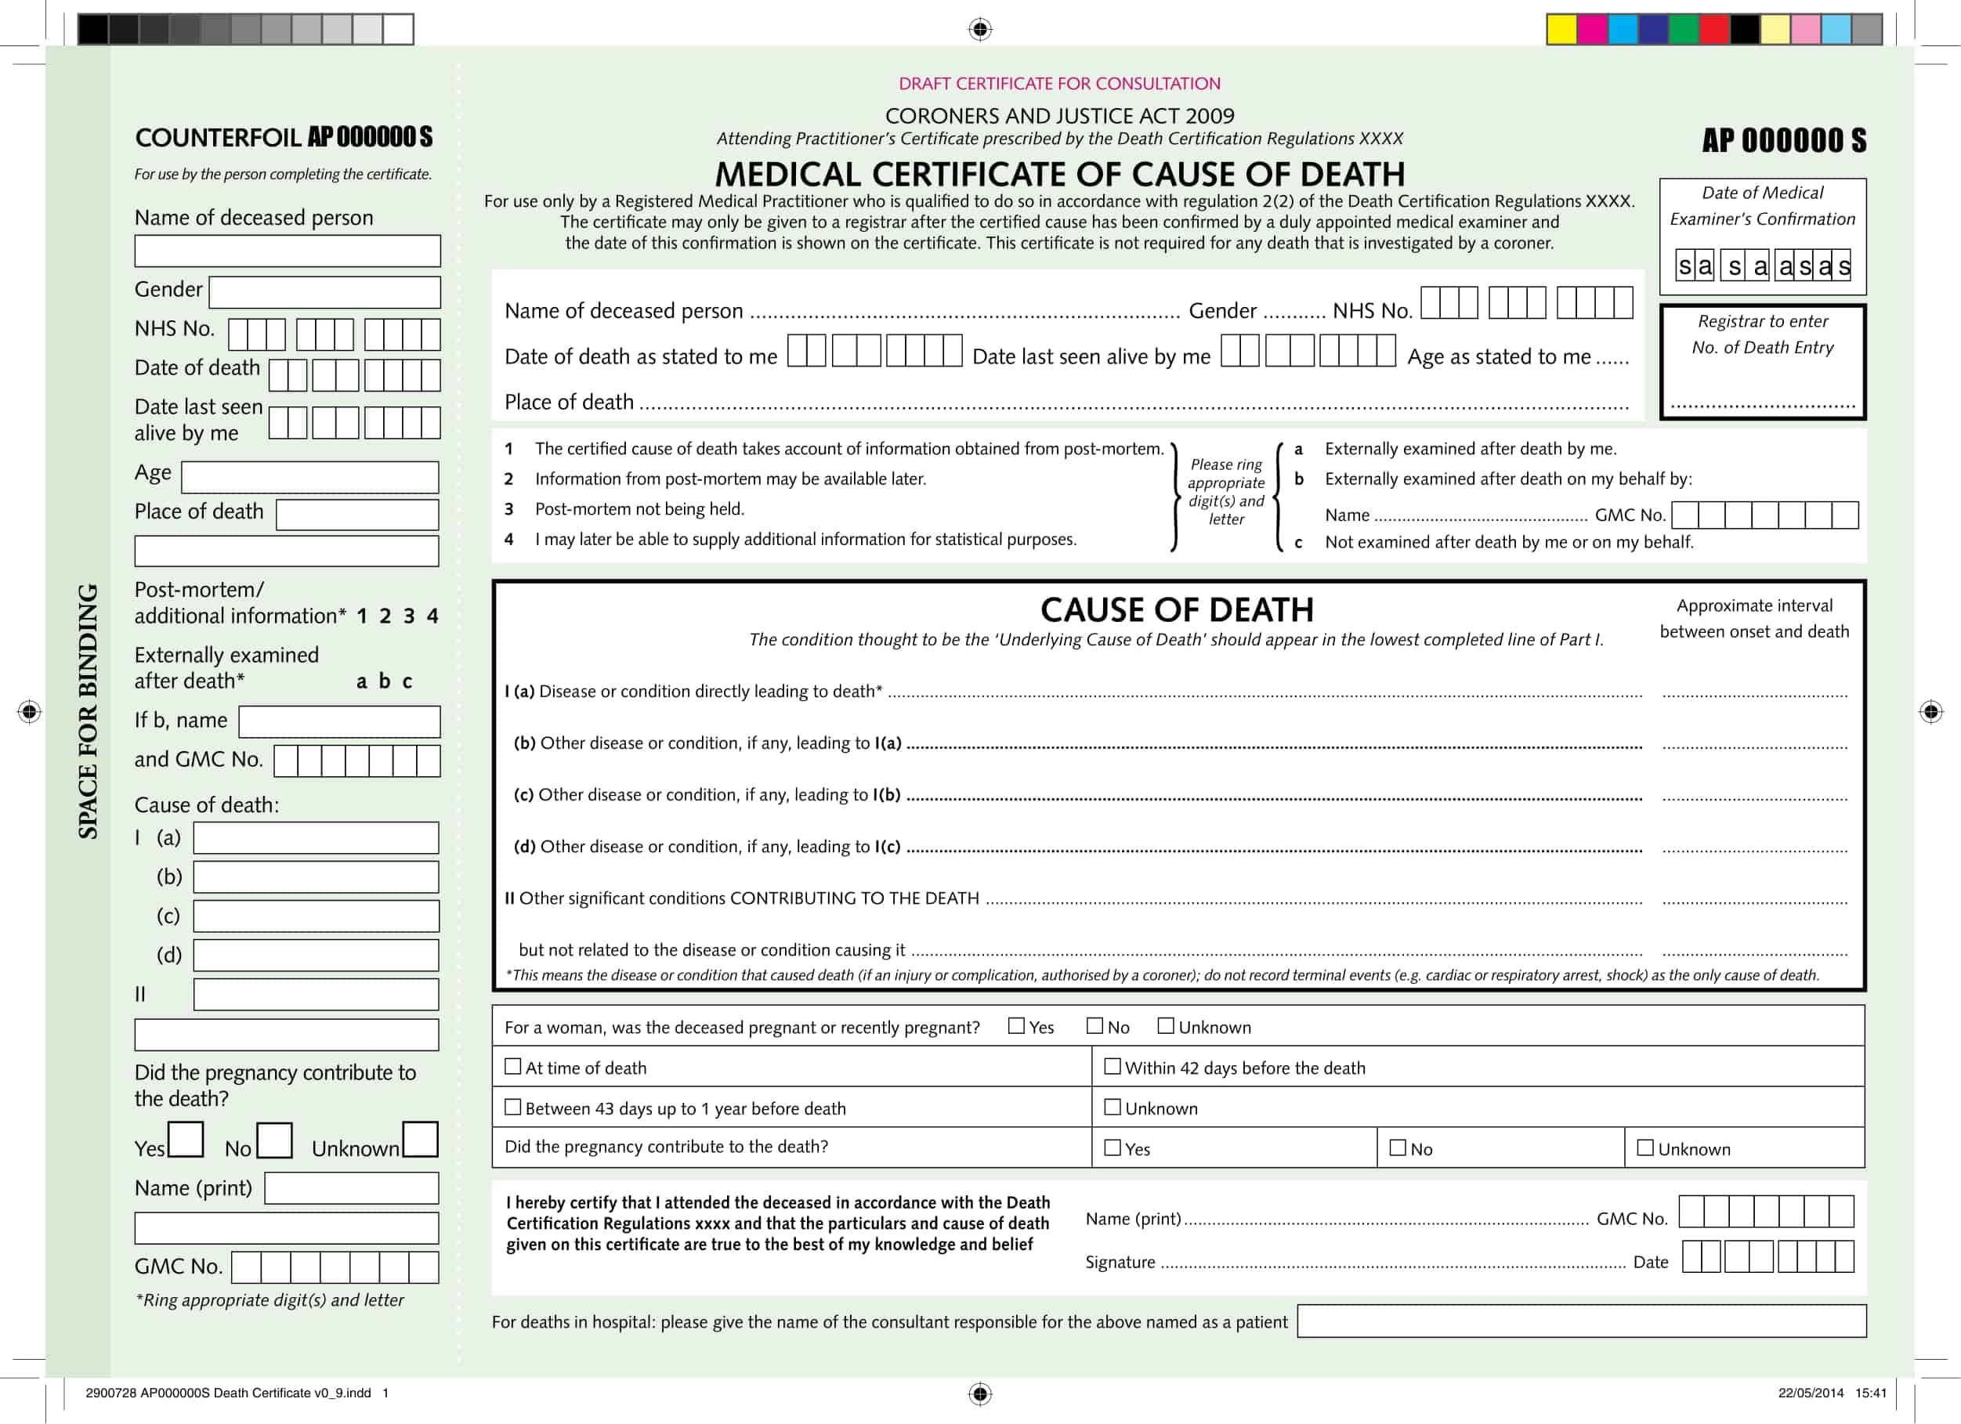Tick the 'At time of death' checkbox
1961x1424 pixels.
(x=512, y=1066)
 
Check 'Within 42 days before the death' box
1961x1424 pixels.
(x=1113, y=1066)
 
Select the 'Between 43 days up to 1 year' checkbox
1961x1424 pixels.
(x=512, y=1107)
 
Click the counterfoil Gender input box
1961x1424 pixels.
(x=324, y=292)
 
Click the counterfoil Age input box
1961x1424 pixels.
(x=309, y=477)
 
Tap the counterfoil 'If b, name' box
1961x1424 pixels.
(x=339, y=722)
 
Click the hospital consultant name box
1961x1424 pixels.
(x=1582, y=1321)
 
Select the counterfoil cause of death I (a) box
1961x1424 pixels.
(x=316, y=838)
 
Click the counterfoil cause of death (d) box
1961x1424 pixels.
(x=316, y=956)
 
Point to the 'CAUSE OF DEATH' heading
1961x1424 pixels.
(x=1176, y=610)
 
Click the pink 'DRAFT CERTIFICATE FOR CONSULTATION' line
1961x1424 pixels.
(x=1059, y=84)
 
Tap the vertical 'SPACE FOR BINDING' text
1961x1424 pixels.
(x=89, y=710)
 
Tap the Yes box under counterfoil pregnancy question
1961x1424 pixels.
(x=186, y=1140)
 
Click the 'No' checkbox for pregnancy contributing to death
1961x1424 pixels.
(x=1397, y=1148)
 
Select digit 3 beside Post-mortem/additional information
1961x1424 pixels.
(x=409, y=616)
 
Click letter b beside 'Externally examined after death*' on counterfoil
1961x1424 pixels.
(x=385, y=681)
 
